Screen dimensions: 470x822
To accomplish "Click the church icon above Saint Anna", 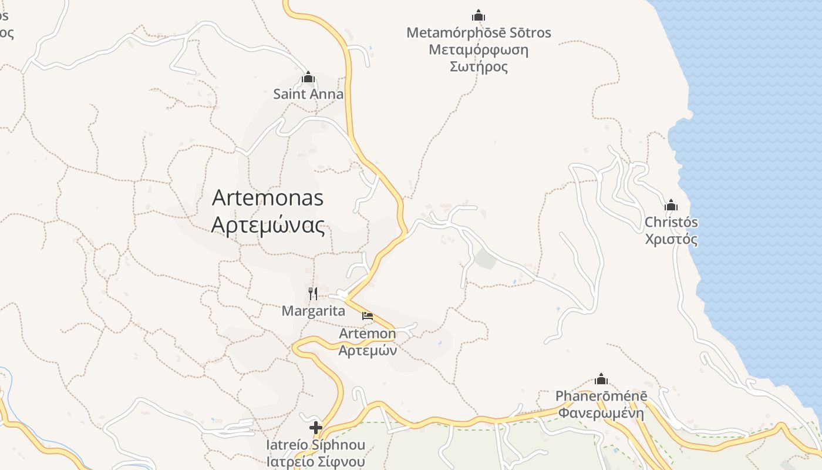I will point(308,78).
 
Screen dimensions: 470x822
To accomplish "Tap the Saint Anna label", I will point(308,94).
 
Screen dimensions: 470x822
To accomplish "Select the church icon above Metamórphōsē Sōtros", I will point(479,15).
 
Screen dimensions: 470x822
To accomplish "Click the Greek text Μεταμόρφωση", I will point(479,50).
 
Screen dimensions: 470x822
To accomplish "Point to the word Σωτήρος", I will point(479,66).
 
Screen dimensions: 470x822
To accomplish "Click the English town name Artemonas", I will point(268,198).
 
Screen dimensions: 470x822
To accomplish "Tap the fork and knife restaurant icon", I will point(313,293).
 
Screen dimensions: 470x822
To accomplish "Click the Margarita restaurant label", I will point(314,311).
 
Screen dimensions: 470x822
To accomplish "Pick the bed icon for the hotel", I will point(368,316).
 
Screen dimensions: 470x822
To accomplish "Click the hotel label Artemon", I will point(368,334).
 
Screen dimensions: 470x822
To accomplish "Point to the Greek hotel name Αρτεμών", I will point(368,351).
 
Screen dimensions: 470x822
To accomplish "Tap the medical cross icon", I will point(316,427).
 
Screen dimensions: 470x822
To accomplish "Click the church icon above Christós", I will point(671,205).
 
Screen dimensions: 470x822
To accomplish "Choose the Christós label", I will point(671,223).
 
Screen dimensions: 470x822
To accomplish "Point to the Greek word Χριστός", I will point(671,239).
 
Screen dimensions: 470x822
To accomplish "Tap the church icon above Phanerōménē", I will point(601,379).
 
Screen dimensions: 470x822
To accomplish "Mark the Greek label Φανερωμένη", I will point(601,413).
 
